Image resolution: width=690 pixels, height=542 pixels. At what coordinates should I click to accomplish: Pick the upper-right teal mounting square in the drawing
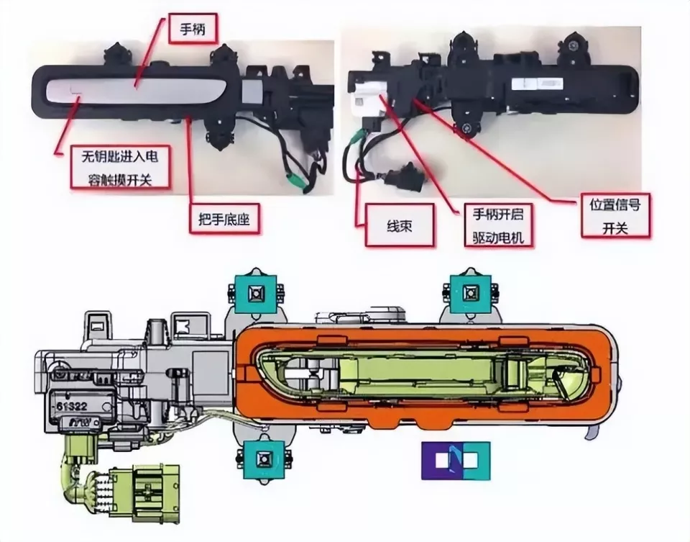(470, 293)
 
